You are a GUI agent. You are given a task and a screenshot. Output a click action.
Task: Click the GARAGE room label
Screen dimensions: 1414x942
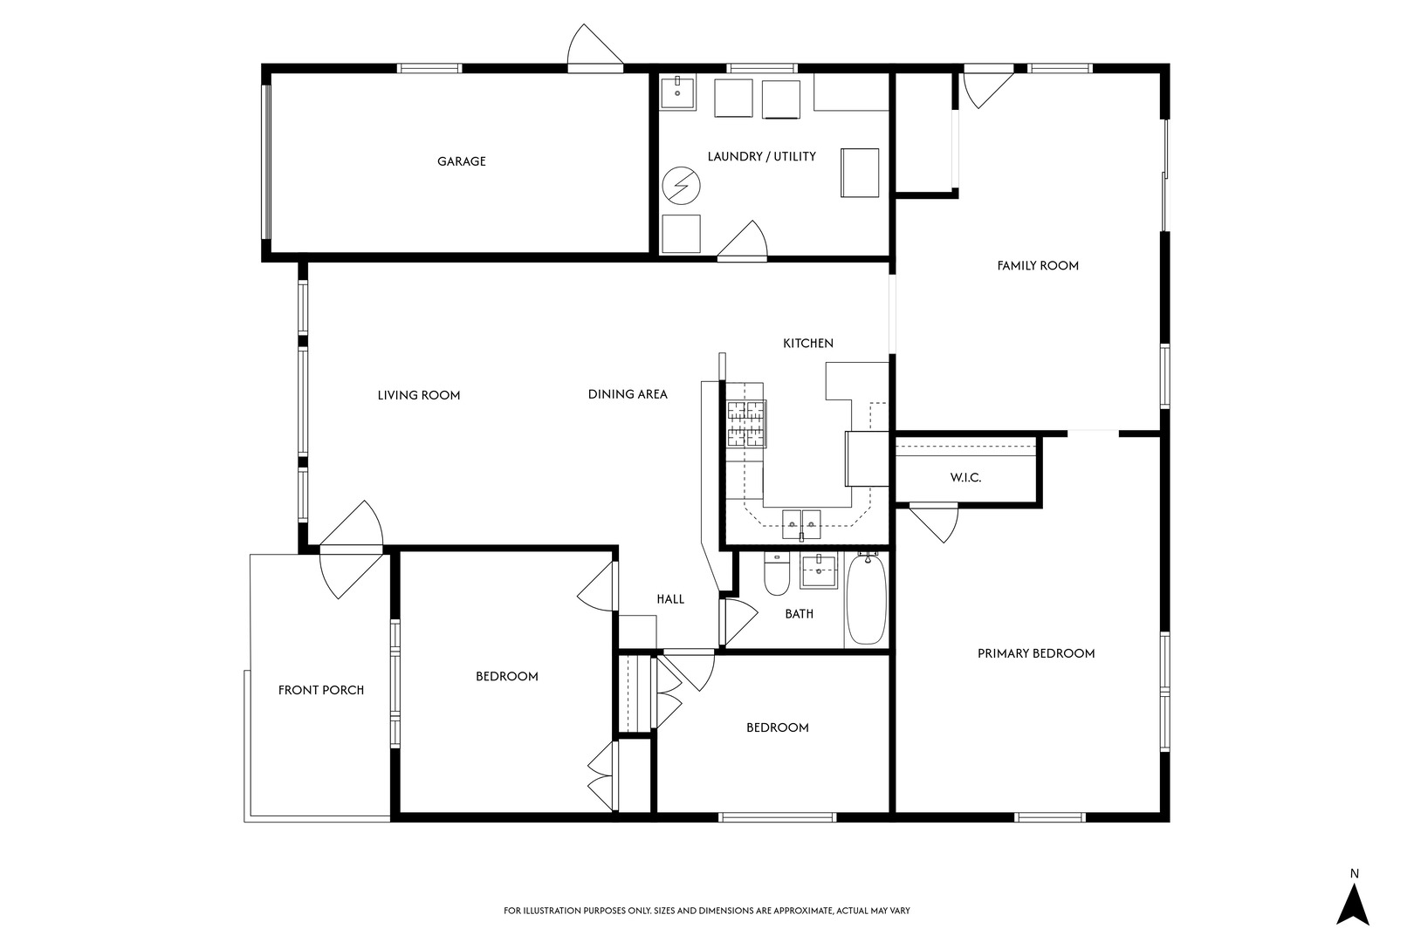tap(462, 161)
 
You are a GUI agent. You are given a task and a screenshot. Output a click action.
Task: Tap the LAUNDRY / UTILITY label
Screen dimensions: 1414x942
tap(761, 156)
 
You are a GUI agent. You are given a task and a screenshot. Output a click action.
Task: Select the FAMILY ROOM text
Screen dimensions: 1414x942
tap(1038, 266)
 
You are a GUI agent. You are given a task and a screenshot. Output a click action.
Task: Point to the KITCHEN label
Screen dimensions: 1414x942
tap(808, 344)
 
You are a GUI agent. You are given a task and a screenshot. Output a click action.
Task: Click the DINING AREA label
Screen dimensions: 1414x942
tap(628, 394)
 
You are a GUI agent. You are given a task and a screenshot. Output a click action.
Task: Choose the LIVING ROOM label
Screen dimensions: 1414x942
tap(418, 396)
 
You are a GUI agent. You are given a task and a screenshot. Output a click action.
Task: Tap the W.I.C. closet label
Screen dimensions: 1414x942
tap(966, 478)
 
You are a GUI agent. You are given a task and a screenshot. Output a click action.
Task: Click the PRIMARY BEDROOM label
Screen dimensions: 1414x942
tap(1036, 653)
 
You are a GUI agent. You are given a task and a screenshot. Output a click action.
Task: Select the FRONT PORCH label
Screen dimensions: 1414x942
tap(320, 690)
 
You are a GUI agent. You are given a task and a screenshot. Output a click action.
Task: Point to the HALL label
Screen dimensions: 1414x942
tap(670, 599)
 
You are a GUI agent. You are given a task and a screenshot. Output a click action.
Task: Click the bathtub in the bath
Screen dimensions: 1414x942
tap(866, 599)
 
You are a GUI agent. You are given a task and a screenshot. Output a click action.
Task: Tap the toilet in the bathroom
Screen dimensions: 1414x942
tap(777, 574)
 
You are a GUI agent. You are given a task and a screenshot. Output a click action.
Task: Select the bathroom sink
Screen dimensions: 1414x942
tap(819, 571)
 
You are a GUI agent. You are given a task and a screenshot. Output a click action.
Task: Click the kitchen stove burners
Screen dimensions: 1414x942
tap(746, 424)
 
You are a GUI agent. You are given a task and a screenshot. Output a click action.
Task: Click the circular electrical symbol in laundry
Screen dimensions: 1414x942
tap(681, 186)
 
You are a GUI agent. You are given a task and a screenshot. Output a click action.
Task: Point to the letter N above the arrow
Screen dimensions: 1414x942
tap(1354, 874)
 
